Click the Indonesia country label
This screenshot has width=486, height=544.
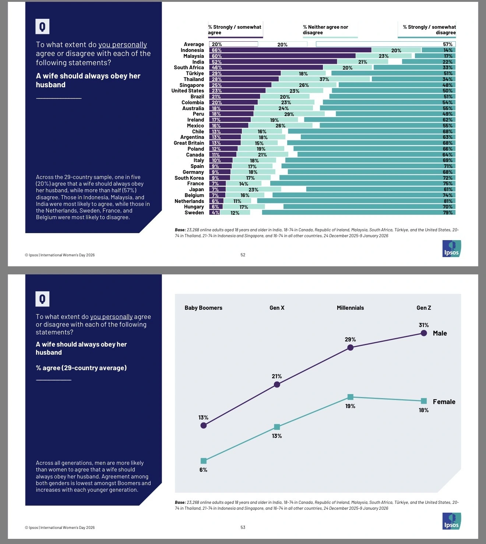tap(192, 50)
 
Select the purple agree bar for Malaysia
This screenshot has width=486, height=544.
tap(282, 56)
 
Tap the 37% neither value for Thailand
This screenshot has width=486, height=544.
tap(324, 79)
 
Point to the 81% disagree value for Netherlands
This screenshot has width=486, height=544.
tap(448, 201)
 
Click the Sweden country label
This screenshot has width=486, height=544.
tap(194, 213)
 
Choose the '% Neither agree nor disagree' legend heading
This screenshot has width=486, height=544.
tap(325, 30)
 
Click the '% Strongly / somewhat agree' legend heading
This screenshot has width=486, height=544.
tap(235, 30)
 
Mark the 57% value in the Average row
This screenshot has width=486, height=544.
tap(447, 44)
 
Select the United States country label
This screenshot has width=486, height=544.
tap(187, 91)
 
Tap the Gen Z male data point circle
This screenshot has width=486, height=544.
tap(424, 333)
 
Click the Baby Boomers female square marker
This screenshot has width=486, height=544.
tap(204, 461)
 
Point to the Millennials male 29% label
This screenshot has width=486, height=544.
tap(350, 339)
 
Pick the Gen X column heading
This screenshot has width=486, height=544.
tap(277, 308)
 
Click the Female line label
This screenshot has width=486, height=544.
tap(444, 401)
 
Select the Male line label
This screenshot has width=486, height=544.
tap(440, 333)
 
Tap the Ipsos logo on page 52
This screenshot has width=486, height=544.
tap(451, 249)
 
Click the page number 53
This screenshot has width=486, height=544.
tap(243, 527)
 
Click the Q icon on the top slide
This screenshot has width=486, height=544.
tap(42, 27)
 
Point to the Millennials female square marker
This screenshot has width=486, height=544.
tap(351, 397)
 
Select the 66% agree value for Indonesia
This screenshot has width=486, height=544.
tap(216, 50)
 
